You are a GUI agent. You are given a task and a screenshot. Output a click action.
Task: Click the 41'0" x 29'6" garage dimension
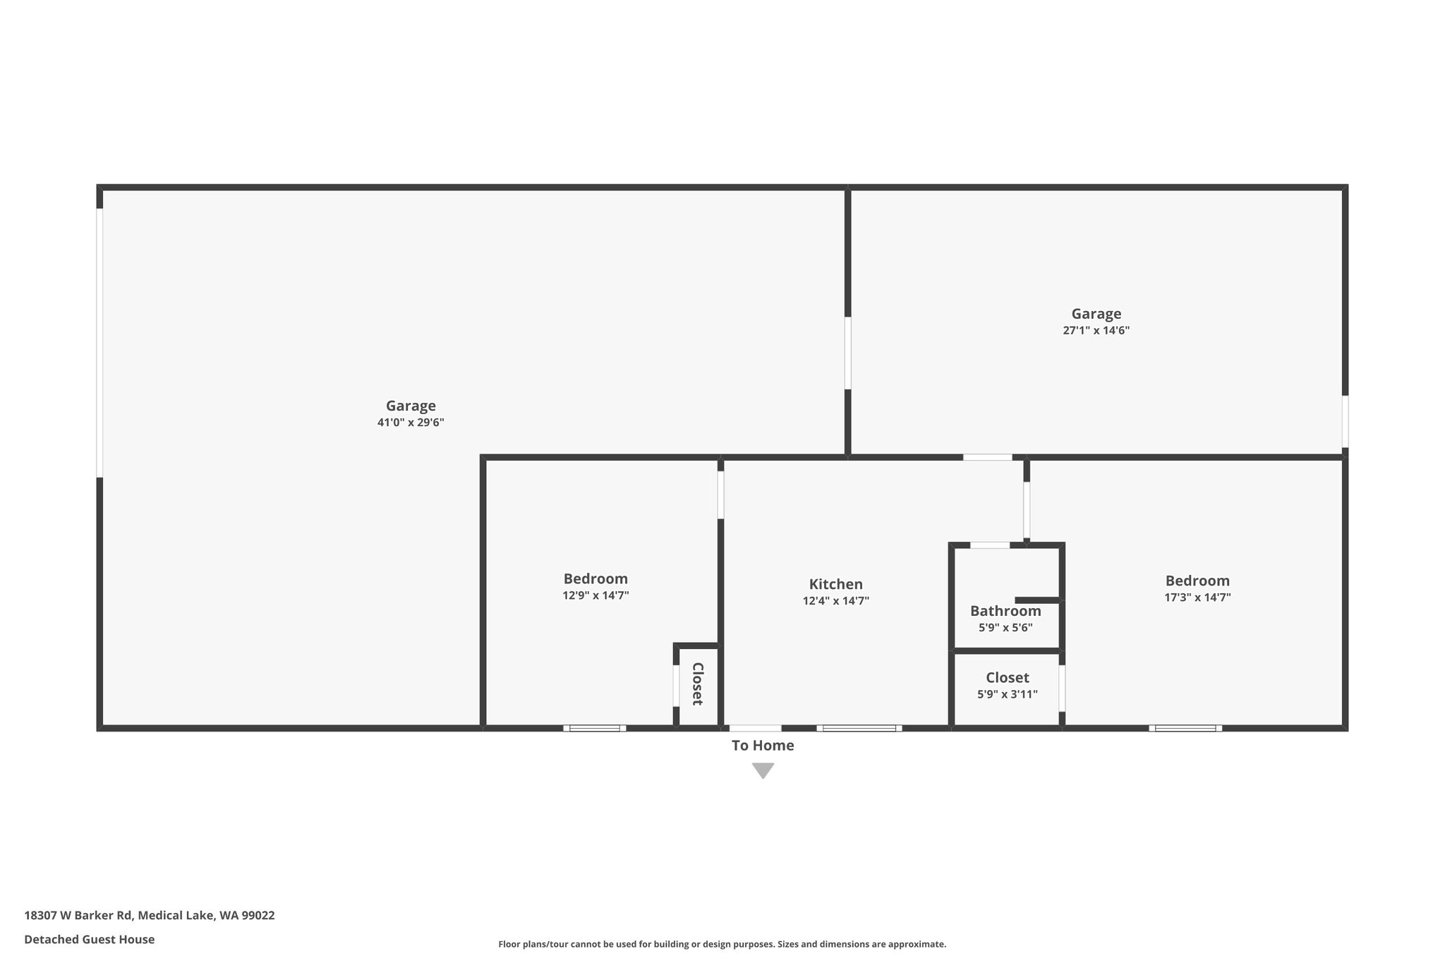411,423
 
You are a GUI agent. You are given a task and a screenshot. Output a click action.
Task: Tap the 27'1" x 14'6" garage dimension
1096,330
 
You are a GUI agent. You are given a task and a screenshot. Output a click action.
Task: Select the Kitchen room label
835,584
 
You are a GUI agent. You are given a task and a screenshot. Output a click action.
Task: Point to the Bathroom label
1005,611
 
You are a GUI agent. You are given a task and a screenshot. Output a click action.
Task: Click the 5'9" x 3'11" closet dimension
1007,694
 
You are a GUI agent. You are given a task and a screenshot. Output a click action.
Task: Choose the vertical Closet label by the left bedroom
697,684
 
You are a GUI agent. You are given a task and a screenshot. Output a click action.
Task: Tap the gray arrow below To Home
763,770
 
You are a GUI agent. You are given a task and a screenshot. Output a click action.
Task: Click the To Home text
763,746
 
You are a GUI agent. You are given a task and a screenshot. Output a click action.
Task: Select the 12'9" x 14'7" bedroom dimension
595,595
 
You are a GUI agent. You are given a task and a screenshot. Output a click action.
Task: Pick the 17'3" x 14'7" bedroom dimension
1197,598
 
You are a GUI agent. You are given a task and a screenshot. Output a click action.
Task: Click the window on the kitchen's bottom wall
859,728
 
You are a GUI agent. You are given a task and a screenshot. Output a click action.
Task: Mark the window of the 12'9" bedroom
595,728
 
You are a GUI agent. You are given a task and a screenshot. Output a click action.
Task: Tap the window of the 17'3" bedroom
1185,728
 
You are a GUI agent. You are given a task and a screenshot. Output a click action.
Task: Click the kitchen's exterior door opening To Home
756,728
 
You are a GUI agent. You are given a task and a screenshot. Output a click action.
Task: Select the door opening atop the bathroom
990,545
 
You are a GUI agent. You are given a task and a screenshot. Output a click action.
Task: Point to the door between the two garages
847,353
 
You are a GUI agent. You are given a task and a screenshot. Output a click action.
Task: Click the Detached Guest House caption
90,939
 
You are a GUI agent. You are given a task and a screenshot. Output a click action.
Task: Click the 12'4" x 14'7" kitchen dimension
835,601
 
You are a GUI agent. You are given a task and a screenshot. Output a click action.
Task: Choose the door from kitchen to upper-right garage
988,457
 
